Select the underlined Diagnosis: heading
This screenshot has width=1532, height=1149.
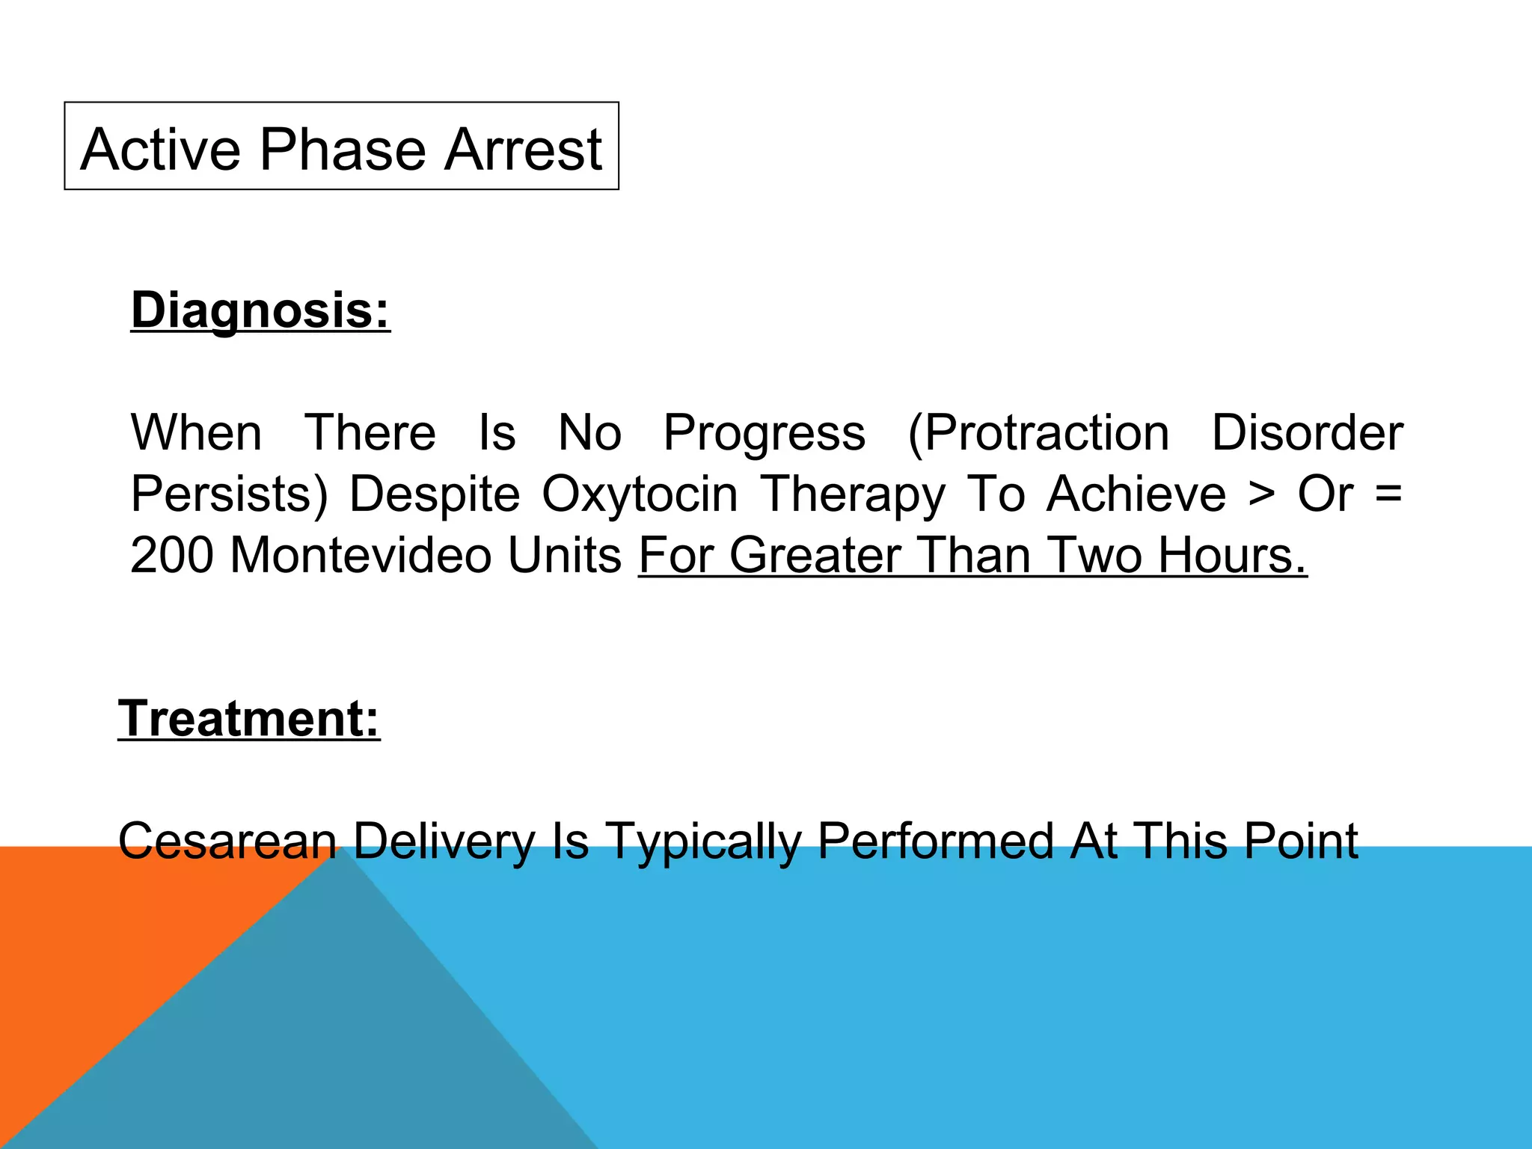click(x=260, y=310)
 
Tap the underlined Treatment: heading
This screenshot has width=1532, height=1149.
click(x=249, y=718)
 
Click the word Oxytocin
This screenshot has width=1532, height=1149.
click(x=640, y=494)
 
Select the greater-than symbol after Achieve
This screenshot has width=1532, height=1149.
click(x=1262, y=495)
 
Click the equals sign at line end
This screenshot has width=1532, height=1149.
click(x=1388, y=495)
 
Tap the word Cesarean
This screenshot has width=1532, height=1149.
click(x=228, y=841)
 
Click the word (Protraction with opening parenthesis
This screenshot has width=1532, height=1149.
click(x=1038, y=434)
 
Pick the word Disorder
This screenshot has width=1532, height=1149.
click(x=1307, y=432)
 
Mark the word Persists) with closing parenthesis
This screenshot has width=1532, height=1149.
click(x=229, y=494)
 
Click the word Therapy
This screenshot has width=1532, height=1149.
click(x=853, y=495)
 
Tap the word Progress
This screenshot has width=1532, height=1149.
click(x=765, y=434)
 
